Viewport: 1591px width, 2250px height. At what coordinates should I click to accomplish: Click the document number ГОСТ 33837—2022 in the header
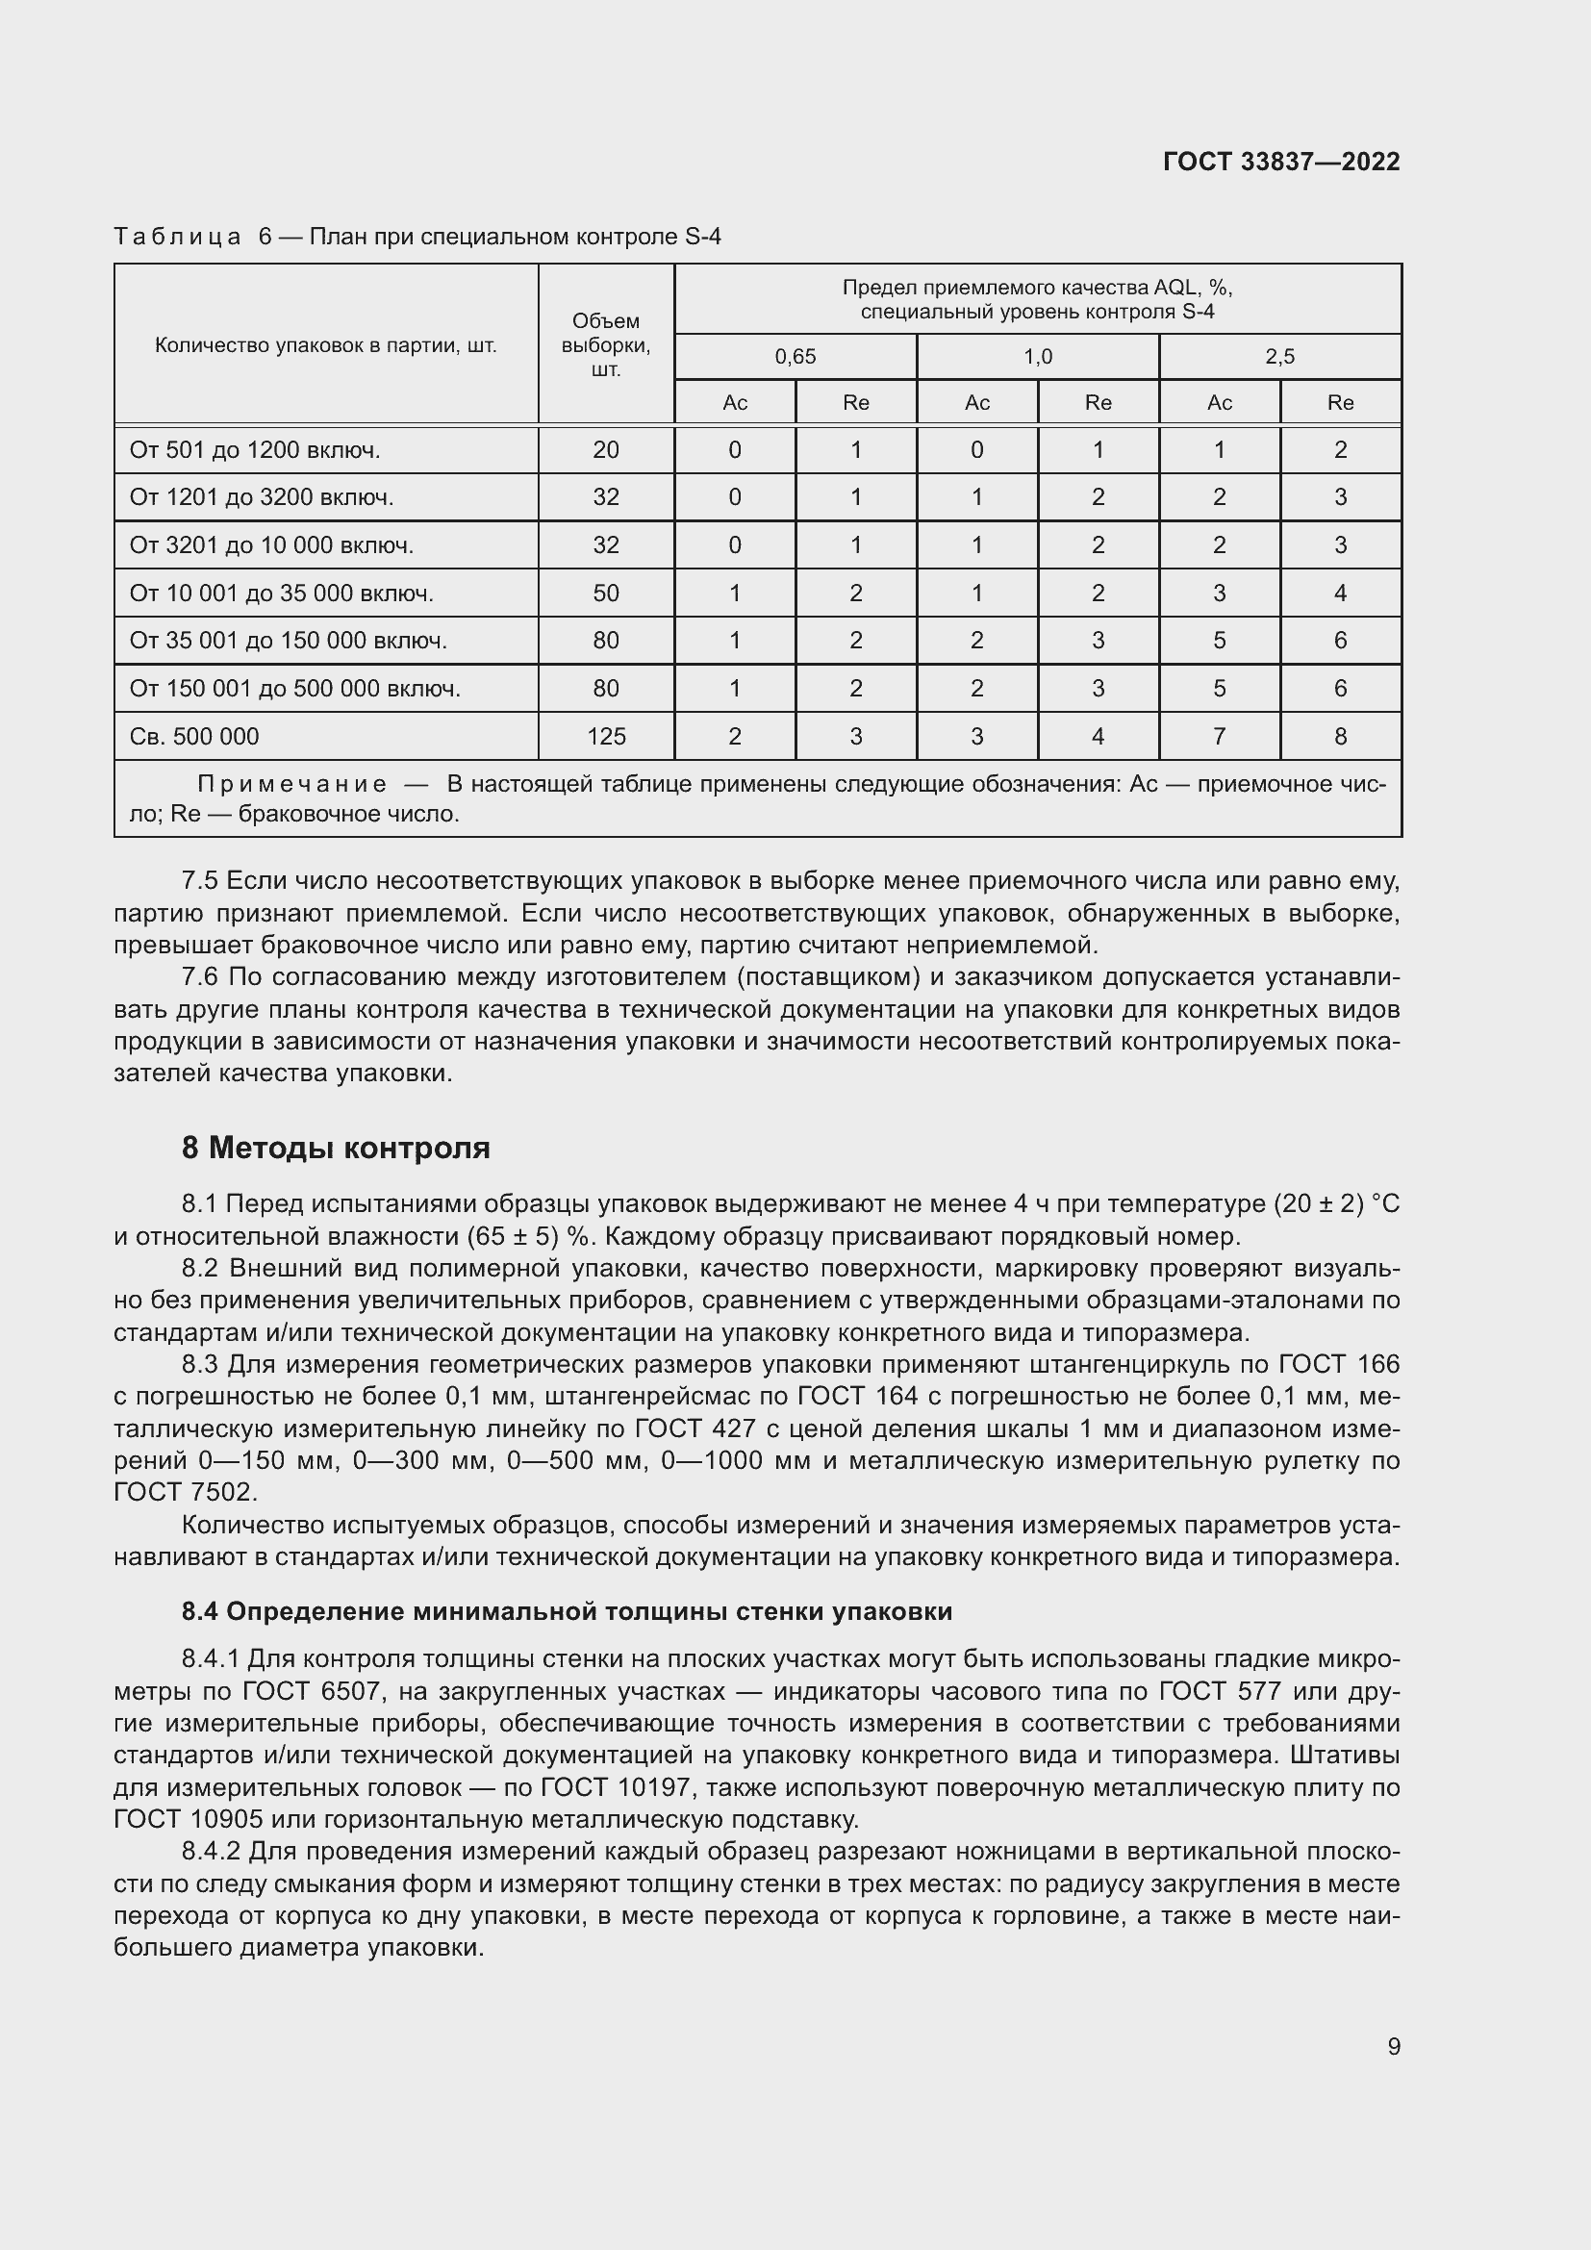[1280, 162]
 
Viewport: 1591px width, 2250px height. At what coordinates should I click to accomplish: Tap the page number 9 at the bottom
[1393, 2046]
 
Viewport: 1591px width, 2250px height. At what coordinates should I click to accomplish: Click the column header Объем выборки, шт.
[605, 345]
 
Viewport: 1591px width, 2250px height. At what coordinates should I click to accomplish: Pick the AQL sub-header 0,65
[795, 357]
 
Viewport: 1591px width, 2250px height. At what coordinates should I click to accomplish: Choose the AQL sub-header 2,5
[1279, 357]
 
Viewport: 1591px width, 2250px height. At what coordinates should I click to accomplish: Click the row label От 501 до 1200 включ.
[255, 450]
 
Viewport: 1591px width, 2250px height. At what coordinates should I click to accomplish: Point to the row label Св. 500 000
[194, 737]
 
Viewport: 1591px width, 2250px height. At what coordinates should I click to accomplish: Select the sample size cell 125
[605, 737]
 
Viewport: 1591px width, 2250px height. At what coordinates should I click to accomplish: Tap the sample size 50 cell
[605, 593]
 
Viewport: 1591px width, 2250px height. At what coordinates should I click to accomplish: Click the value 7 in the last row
[1219, 737]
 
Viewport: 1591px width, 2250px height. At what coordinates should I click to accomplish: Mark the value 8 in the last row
[1340, 737]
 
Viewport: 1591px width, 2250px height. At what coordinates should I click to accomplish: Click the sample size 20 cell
[605, 450]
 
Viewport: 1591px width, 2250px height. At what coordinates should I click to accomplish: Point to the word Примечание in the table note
[292, 784]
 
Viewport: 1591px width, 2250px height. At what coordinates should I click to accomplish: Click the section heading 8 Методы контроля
[336, 1148]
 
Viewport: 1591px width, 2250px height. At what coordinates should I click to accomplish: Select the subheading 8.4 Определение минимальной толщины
[567, 1611]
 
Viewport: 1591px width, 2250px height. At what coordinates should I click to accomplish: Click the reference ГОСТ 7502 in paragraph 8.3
[185, 1493]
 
